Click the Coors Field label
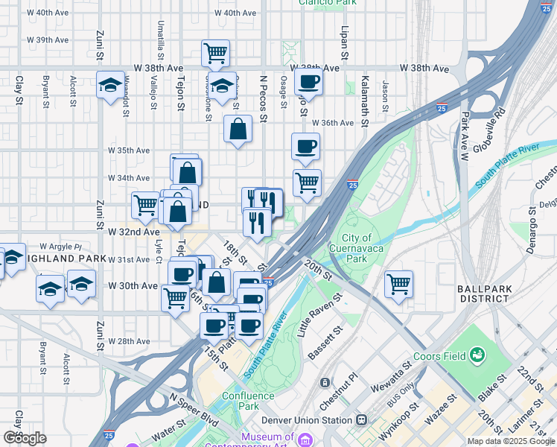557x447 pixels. [x=438, y=356]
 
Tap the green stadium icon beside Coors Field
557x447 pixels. [x=477, y=356]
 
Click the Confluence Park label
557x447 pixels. [x=240, y=401]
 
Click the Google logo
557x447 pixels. [x=25, y=438]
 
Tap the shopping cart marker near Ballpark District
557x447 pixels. [x=398, y=283]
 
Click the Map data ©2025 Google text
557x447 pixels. [x=510, y=441]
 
